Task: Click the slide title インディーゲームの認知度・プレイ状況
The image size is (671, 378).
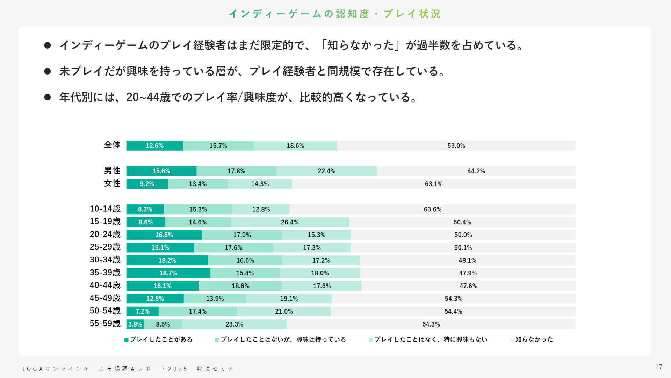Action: (x=335, y=14)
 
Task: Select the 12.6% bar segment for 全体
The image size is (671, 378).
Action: (x=154, y=146)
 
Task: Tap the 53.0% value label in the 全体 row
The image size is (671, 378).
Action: (x=456, y=146)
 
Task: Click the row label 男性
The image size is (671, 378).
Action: (x=112, y=171)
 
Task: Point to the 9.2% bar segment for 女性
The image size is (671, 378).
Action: (x=147, y=184)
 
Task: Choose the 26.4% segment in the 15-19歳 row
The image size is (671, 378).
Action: (x=290, y=222)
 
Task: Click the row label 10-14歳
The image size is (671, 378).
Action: (x=105, y=209)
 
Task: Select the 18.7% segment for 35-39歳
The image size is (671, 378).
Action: (x=168, y=273)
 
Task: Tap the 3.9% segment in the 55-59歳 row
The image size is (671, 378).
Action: (x=135, y=324)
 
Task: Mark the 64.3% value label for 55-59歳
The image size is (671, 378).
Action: (x=431, y=324)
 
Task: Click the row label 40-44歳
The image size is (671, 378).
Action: (x=105, y=286)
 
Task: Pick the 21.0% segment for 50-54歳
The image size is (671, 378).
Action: (x=284, y=311)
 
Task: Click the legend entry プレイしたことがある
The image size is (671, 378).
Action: (x=161, y=339)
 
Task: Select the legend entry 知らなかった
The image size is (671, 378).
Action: (x=534, y=339)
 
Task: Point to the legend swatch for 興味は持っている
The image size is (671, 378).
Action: (x=217, y=340)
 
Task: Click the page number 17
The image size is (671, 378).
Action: (x=659, y=367)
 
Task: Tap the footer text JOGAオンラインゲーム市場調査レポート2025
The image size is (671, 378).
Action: (x=105, y=369)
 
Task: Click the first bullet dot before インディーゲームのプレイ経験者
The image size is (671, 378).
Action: (x=48, y=45)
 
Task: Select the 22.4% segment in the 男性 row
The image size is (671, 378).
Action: (x=326, y=171)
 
